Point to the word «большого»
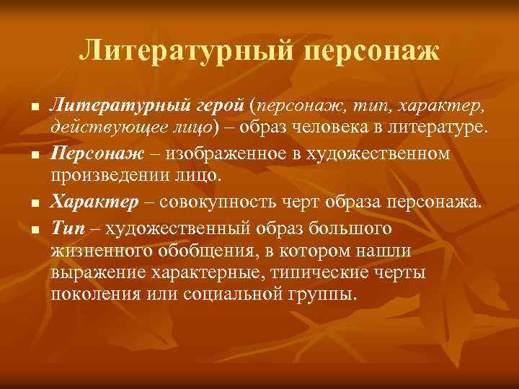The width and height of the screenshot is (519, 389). [x=356, y=228]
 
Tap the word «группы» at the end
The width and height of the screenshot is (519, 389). [x=321, y=296]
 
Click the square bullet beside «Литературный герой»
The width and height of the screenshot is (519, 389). [x=34, y=107]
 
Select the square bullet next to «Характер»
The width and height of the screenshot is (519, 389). [x=34, y=203]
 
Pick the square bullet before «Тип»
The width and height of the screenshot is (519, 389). [x=34, y=230]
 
